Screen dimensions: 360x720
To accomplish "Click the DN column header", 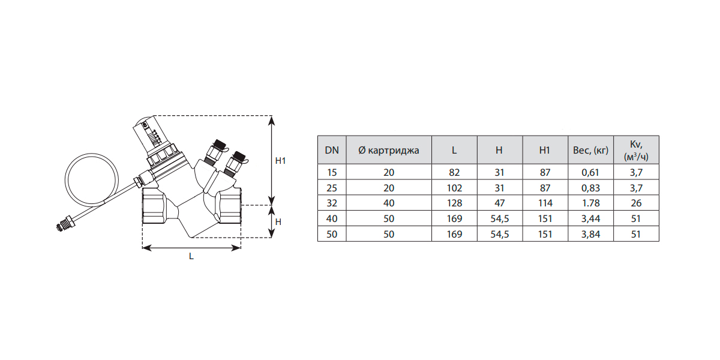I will coord(332,150).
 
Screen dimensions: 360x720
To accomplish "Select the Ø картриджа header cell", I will coord(389,150).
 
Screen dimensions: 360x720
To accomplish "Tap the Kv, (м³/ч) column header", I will coord(636,150).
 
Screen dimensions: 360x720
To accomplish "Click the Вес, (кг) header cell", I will coord(590,150).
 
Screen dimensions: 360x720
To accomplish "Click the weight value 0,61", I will coord(590,172).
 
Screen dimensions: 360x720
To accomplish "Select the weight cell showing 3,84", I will coord(590,235).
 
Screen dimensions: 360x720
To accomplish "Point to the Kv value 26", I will coord(636,203).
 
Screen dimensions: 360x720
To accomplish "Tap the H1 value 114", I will coord(544,203).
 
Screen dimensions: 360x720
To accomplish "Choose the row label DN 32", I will coord(332,203).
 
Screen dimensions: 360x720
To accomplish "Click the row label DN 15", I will coord(332,172).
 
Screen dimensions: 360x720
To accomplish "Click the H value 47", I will coord(499,203).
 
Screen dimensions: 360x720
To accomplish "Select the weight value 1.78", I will coord(590,203).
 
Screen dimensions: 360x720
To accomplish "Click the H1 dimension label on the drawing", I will coord(280,161).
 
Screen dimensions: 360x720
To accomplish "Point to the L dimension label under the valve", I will coord(191,256).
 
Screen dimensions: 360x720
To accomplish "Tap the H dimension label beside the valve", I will coord(278,221).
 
